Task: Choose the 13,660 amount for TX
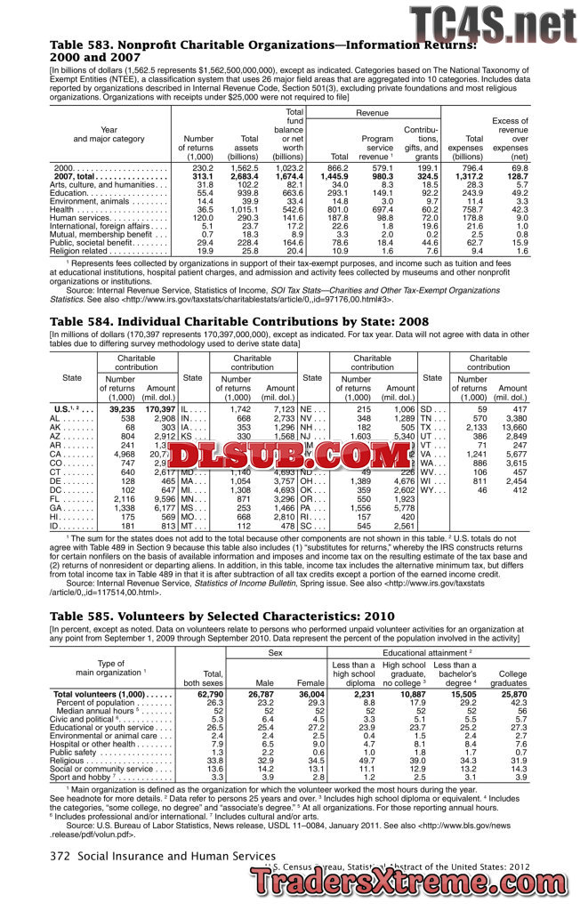[x=513, y=427]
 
